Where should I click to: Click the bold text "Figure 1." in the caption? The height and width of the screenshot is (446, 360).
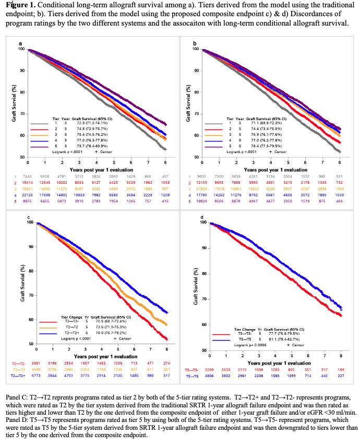point(20,6)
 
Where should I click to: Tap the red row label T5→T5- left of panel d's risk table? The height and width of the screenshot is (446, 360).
point(191,369)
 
